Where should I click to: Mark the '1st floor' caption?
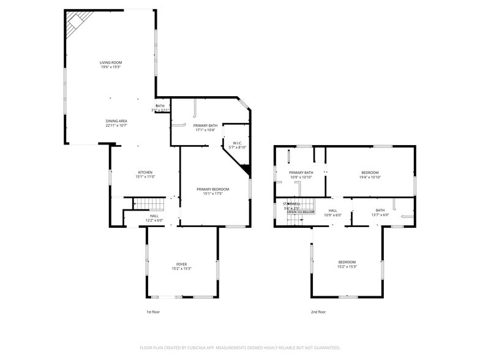click(x=153, y=312)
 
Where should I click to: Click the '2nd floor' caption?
click(x=318, y=312)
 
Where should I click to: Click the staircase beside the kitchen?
click(x=149, y=204)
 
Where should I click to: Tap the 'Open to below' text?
click(x=301, y=212)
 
